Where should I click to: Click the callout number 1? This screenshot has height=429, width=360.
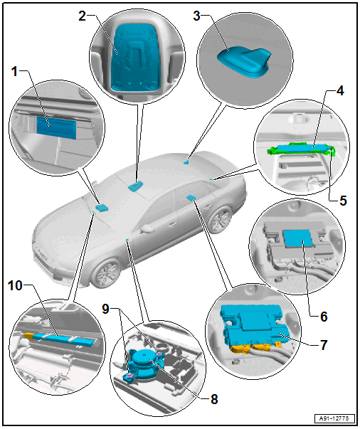click(14, 72)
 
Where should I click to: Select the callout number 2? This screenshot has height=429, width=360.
click(82, 16)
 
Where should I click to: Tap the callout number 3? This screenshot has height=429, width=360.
click(196, 16)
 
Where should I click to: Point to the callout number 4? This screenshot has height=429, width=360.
click(340, 90)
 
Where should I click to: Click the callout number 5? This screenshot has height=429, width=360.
click(343, 201)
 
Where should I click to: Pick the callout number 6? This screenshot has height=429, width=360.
click(324, 317)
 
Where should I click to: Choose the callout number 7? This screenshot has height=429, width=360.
click(324, 345)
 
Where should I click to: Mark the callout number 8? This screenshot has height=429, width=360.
click(214, 399)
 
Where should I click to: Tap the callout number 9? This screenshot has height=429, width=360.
click(105, 309)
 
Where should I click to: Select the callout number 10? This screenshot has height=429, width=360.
click(15, 285)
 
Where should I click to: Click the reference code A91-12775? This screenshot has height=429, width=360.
click(334, 418)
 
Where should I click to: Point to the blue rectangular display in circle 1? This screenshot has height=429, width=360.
click(56, 127)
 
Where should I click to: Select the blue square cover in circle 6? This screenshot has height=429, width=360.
click(297, 238)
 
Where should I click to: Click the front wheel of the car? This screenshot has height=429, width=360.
click(105, 273)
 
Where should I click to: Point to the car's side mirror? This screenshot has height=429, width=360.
click(148, 228)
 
